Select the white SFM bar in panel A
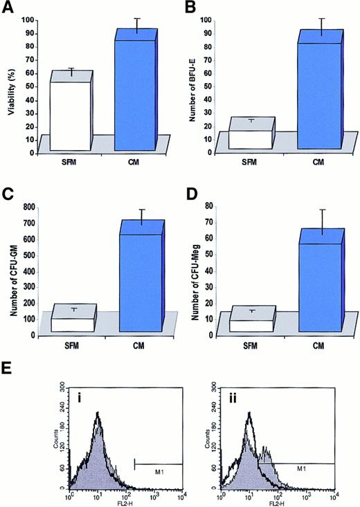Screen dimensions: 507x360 click(66, 114)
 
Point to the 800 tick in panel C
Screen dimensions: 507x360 click(29, 208)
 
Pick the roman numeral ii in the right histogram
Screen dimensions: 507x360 click(233, 396)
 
